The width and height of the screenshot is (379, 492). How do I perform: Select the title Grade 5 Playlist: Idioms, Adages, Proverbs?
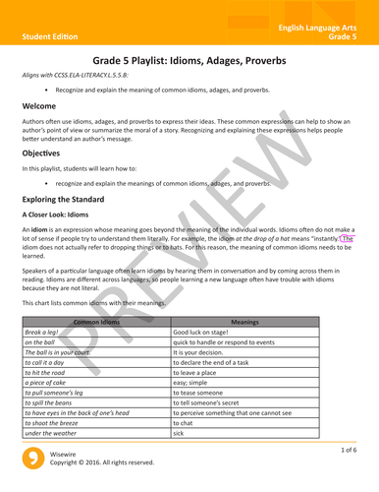click(x=189, y=61)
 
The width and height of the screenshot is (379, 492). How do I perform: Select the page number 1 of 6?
click(x=351, y=450)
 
